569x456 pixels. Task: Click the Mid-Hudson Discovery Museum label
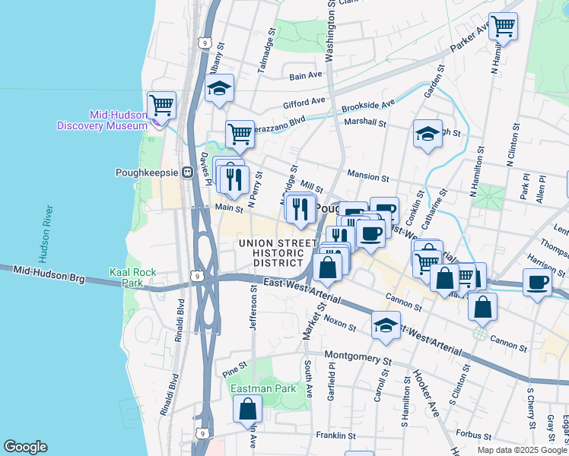coord(103,120)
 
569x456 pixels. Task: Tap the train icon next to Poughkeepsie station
coord(186,173)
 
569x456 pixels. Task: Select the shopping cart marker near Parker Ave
coord(503,26)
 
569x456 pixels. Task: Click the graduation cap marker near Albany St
coord(219,88)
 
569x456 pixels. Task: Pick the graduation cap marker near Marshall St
coord(428,134)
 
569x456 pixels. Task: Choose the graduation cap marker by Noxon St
coord(386,325)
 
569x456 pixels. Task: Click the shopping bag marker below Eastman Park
coord(248,409)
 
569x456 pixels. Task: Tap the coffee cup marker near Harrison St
coord(537,282)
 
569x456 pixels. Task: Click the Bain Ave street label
coord(307,75)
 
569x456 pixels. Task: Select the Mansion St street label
coord(368,176)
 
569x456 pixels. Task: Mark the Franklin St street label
coord(336,436)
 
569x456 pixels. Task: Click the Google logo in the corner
coord(25,447)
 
